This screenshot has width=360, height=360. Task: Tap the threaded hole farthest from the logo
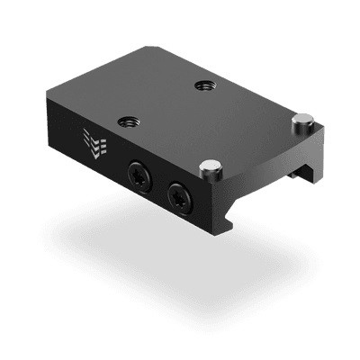201,86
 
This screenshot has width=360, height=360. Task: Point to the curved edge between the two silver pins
261,142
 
